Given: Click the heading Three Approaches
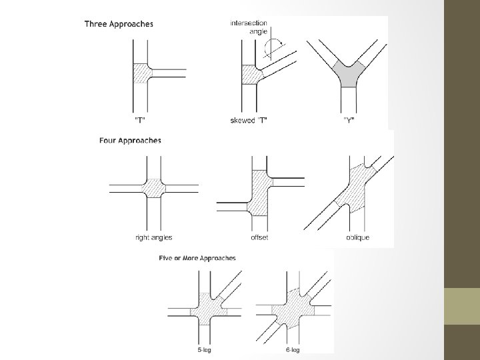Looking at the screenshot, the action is coord(119,25).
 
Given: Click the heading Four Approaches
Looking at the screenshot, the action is coord(129,141).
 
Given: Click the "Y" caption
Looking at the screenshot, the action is coord(349,121).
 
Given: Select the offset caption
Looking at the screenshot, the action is coord(259,237).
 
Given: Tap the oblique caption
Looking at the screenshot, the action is coord(357,237).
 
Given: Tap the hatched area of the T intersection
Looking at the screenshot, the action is coord(142,74).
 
